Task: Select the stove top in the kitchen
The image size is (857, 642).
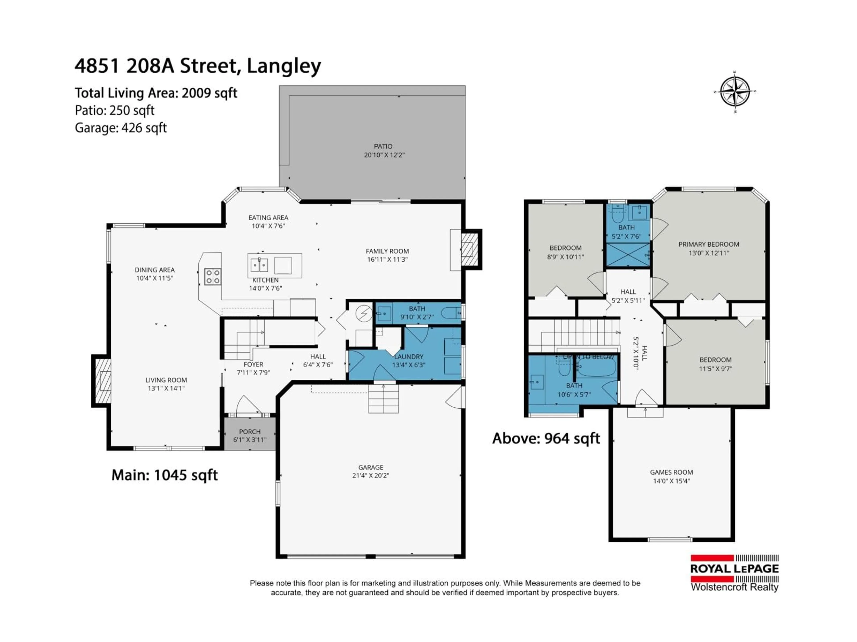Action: click(213, 277)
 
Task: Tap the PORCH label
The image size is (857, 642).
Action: click(250, 432)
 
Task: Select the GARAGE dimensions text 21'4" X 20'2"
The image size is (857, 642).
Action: click(370, 476)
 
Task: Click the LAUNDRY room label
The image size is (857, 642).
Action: click(408, 356)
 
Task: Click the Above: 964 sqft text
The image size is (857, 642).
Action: click(546, 438)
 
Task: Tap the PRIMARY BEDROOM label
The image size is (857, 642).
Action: click(709, 244)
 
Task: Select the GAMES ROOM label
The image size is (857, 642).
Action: click(671, 472)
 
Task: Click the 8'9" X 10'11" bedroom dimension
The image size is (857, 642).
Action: click(566, 257)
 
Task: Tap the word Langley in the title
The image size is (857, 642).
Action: click(284, 66)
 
